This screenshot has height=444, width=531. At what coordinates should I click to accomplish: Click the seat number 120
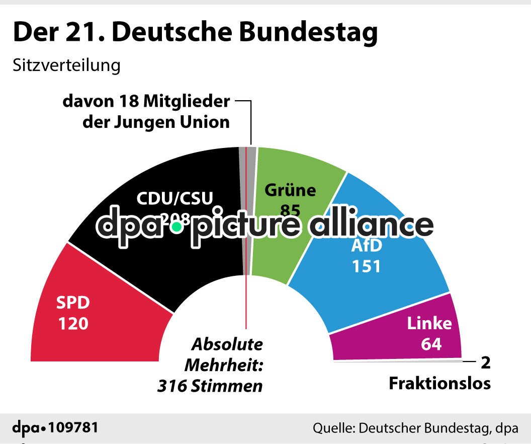tap(73, 323)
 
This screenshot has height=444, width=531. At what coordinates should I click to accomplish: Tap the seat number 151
tap(366, 266)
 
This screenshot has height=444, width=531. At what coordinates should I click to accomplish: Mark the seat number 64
tap(430, 344)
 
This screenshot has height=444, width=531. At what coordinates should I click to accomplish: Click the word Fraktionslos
tap(439, 384)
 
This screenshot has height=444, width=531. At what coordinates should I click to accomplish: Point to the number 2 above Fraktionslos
tap(485, 362)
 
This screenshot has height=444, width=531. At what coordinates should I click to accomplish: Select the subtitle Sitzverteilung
tap(66, 65)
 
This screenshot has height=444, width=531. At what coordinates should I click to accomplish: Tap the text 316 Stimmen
tap(210, 386)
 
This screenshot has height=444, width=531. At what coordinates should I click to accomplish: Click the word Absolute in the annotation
tap(227, 345)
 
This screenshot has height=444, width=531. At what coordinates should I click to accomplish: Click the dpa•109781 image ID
tap(55, 428)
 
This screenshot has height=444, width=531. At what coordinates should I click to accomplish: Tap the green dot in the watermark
tap(176, 228)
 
